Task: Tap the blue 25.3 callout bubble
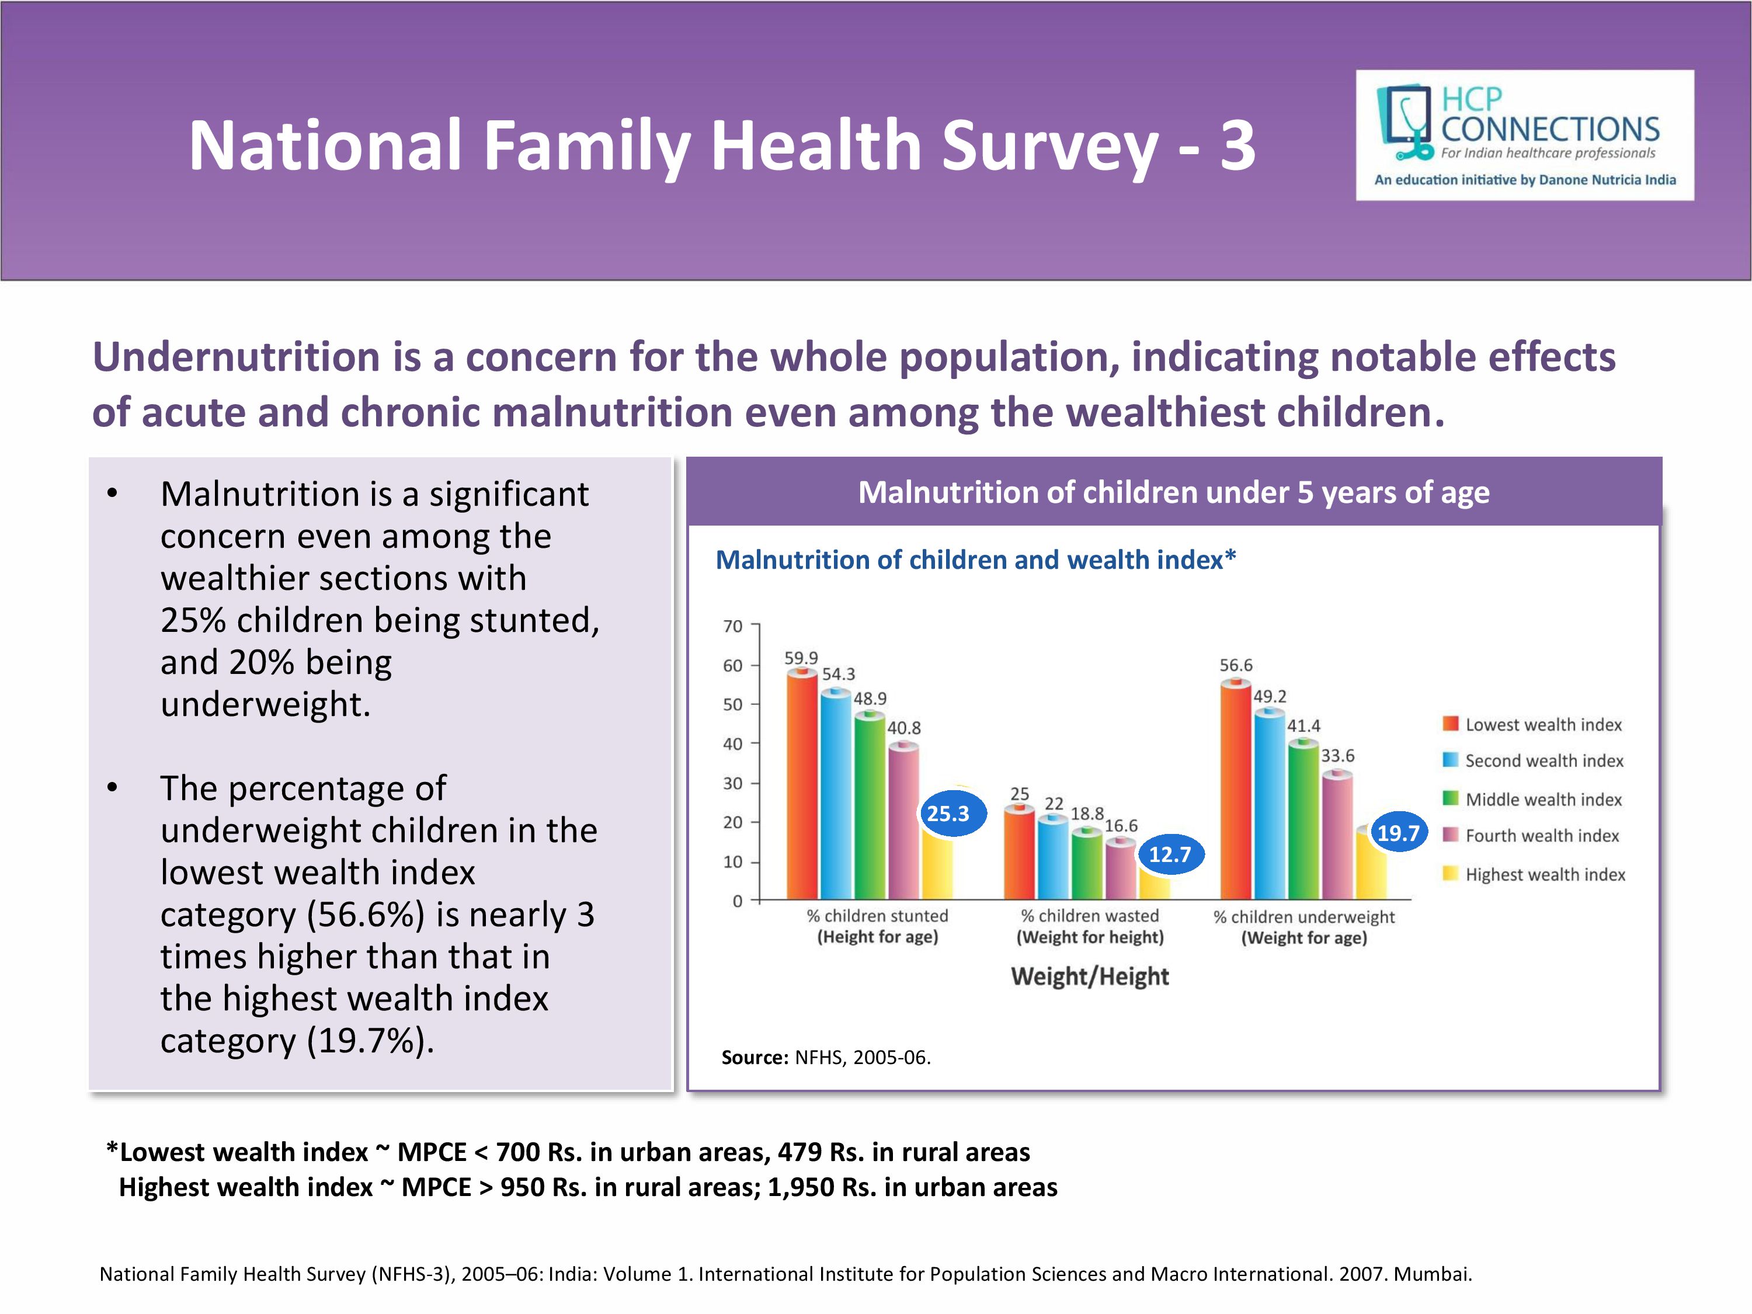(948, 814)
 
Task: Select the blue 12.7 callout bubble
(1170, 854)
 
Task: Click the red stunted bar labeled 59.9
(802, 784)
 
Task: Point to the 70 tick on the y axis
(733, 627)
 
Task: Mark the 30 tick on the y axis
(733, 783)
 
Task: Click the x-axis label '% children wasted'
(1090, 916)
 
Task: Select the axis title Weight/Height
(1090, 976)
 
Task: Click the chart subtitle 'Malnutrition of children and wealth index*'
(975, 560)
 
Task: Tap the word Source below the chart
(754, 1058)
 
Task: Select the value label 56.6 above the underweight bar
(1236, 665)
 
